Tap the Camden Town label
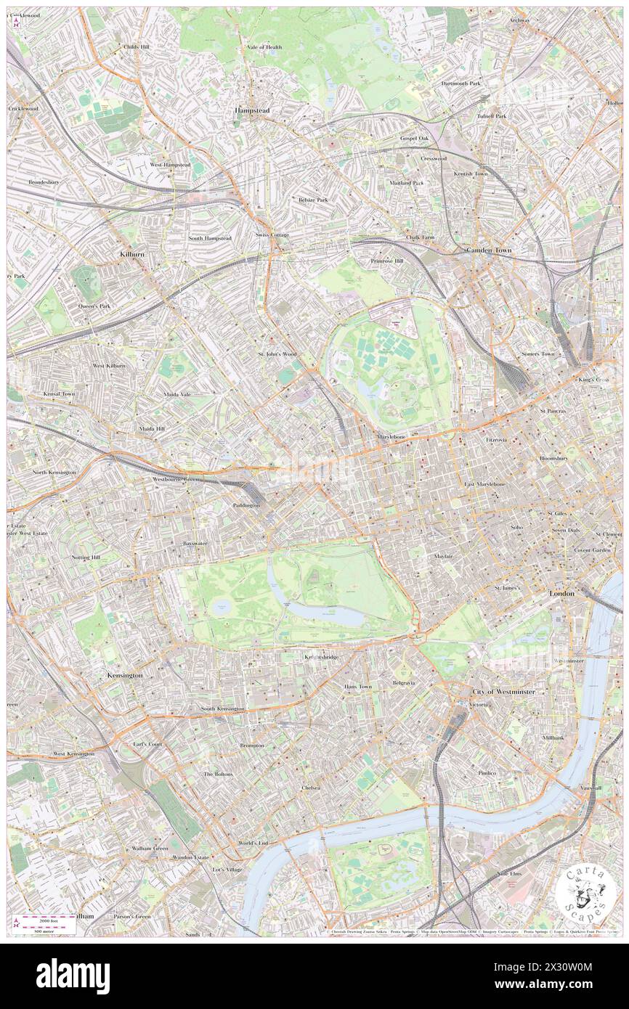(488, 250)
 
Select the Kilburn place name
(132, 255)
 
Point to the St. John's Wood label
(277, 354)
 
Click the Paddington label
(246, 504)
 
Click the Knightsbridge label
(320, 657)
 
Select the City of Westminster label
(503, 692)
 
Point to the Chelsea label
(311, 788)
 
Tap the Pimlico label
(487, 773)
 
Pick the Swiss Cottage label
(272, 235)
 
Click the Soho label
(516, 526)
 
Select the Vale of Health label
(264, 47)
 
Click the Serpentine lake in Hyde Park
(330, 614)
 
